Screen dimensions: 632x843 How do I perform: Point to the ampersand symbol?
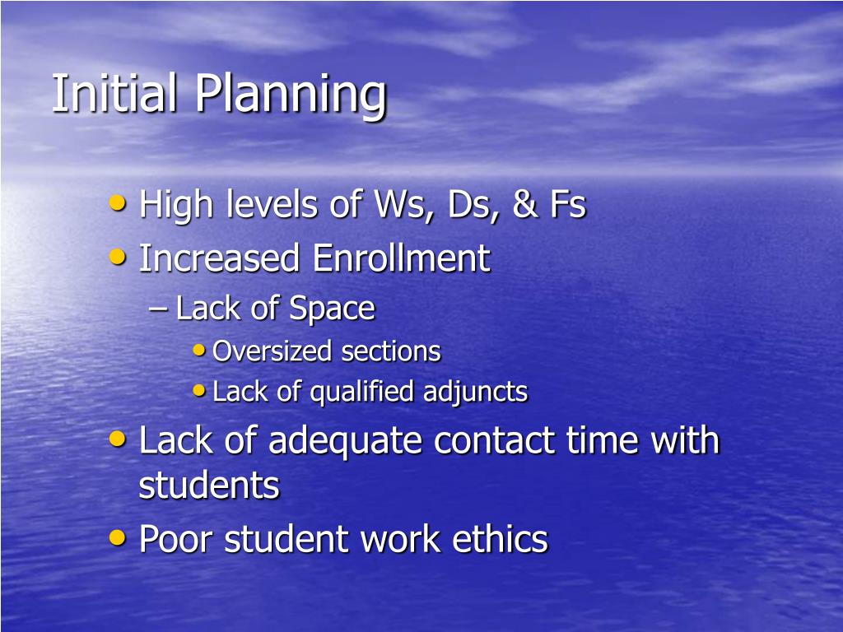coord(523,205)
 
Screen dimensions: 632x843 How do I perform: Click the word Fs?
coord(567,205)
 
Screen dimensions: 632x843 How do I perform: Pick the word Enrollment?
coord(401,258)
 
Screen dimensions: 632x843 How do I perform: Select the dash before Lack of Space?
coord(159,309)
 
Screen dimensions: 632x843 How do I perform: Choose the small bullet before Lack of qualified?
coord(199,391)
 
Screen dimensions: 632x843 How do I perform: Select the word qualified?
coord(363,393)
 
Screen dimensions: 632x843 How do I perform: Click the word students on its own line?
coord(209,486)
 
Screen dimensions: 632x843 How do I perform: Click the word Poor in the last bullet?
coord(177,540)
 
